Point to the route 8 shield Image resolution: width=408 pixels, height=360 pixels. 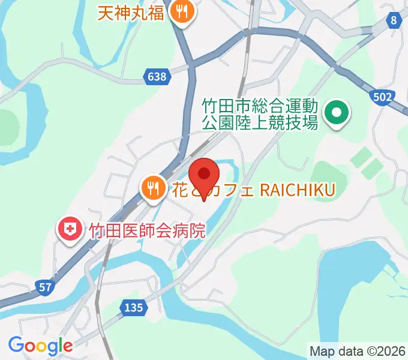coord(394,21)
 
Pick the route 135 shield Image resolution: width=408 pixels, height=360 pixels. coord(134,307)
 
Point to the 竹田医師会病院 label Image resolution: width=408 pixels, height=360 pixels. coord(147,230)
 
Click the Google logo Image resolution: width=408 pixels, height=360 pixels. coord(40,346)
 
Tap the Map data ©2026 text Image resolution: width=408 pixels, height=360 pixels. coord(357,350)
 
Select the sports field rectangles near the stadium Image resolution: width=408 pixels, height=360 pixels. coord(366,162)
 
